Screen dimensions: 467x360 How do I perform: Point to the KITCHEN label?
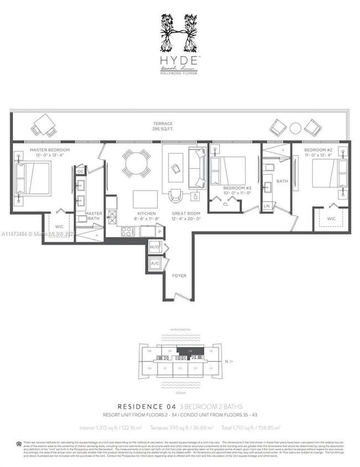[146, 214]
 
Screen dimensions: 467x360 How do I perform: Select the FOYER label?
[178, 275]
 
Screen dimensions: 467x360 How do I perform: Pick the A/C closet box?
[155, 264]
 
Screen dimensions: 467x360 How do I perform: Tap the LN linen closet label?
[267, 206]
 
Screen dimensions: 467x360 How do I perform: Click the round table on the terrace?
[295, 128]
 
